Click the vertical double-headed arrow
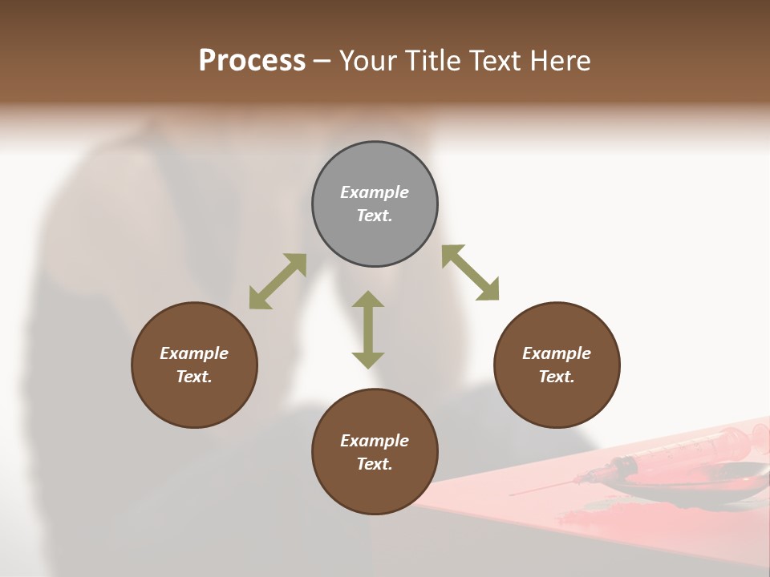tap(368, 329)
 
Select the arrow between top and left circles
tap(278, 281)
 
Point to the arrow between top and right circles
tap(470, 272)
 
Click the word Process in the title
tap(252, 60)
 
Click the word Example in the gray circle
tap(375, 192)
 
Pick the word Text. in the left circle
tap(194, 377)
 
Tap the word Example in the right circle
tap(557, 353)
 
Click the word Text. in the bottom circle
tap(375, 464)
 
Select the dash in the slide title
tap(322, 61)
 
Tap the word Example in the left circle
tap(194, 353)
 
